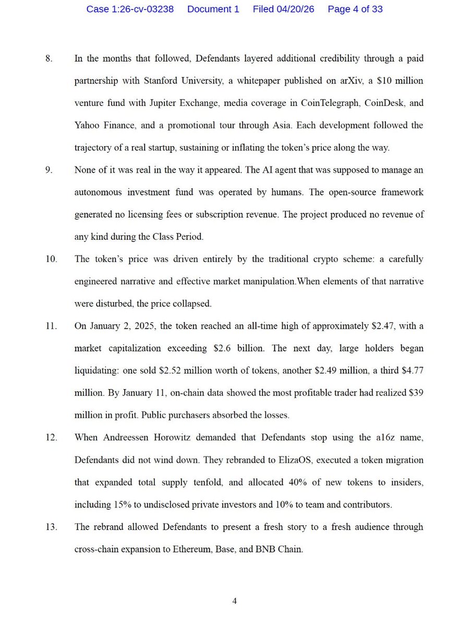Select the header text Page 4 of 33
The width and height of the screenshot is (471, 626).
355,9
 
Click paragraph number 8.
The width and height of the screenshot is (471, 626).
49,58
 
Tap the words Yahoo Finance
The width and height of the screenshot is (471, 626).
102,126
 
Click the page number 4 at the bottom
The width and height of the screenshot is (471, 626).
235,601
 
